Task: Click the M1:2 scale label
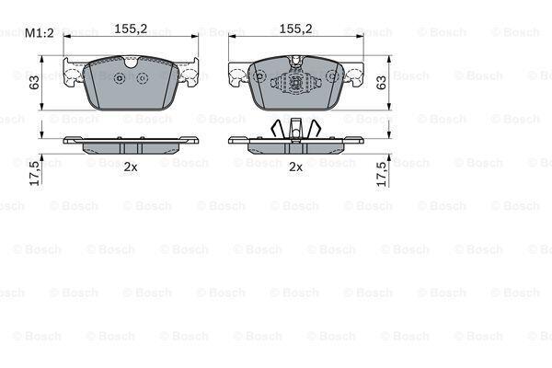pyautogui.click(x=40, y=33)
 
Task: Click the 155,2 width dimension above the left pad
pyautogui.click(x=131, y=29)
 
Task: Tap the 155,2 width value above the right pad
pyautogui.click(x=295, y=29)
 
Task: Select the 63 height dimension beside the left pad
pyautogui.click(x=34, y=83)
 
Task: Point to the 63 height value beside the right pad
pyautogui.click(x=381, y=83)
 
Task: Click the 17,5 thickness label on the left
pyautogui.click(x=35, y=173)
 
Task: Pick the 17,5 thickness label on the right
pyautogui.click(x=382, y=174)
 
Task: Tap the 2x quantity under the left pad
pyautogui.click(x=131, y=167)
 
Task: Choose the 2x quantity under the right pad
pyautogui.click(x=295, y=167)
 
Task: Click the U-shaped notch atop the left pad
pyautogui.click(x=131, y=63)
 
